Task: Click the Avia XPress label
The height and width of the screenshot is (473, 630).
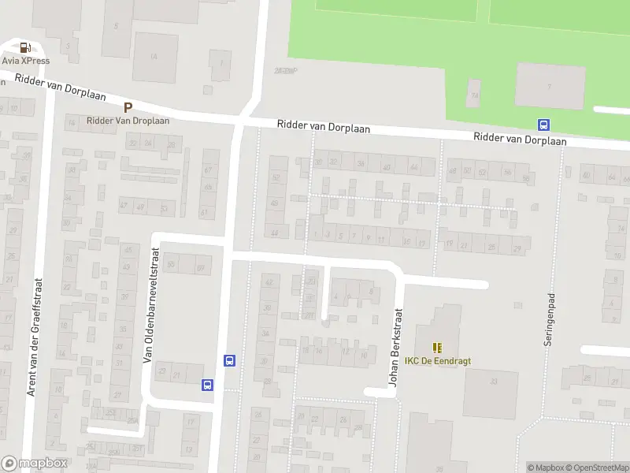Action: pyautogui.click(x=26, y=61)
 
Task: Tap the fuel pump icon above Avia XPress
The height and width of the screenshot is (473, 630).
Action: pyautogui.click(x=26, y=47)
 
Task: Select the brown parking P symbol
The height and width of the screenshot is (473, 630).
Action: pyautogui.click(x=128, y=107)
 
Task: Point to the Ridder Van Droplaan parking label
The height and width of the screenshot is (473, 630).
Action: pyautogui.click(x=128, y=121)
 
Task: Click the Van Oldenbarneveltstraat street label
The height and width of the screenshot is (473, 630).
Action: pyautogui.click(x=146, y=306)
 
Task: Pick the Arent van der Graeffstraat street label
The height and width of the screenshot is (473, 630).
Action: pyautogui.click(x=34, y=339)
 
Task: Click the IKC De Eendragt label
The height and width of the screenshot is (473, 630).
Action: pyautogui.click(x=437, y=361)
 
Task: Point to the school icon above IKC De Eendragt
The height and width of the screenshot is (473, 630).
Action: pyautogui.click(x=437, y=347)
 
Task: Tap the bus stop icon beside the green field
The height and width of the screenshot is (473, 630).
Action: pyautogui.click(x=543, y=125)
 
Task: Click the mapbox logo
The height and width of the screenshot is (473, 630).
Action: pyautogui.click(x=34, y=464)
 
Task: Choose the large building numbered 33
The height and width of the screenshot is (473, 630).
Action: pyautogui.click(x=491, y=393)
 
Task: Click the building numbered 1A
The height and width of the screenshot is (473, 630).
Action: pyautogui.click(x=154, y=57)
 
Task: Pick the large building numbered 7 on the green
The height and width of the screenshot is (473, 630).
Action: pyautogui.click(x=549, y=85)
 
